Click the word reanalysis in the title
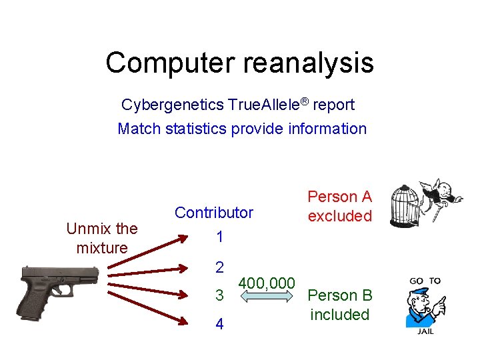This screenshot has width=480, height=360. pyautogui.click(x=309, y=63)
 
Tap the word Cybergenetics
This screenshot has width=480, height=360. pyautogui.click(x=172, y=105)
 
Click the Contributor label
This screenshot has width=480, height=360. pyautogui.click(x=214, y=213)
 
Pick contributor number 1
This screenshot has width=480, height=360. pyautogui.click(x=219, y=237)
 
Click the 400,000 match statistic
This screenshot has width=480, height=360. pyautogui.click(x=267, y=283)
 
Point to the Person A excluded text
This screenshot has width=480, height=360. pyautogui.click(x=339, y=206)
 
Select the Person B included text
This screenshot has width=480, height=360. pyautogui.click(x=339, y=305)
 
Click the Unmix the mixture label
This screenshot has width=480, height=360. pyautogui.click(x=102, y=238)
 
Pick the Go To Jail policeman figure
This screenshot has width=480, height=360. pyautogui.click(x=424, y=305)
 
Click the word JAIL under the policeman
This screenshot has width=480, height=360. pyautogui.click(x=425, y=331)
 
